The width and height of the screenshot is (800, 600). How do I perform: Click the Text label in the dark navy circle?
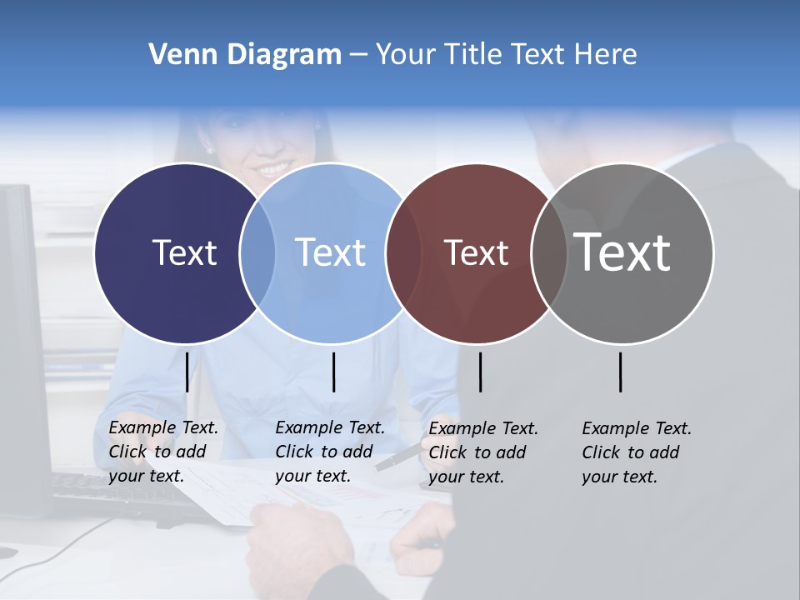tap(184, 252)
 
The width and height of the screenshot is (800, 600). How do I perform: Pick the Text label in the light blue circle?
tap(330, 252)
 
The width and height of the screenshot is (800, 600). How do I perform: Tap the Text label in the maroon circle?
tap(476, 252)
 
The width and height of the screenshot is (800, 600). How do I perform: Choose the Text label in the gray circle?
tap(622, 252)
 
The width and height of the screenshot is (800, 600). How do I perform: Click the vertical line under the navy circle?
tap(187, 372)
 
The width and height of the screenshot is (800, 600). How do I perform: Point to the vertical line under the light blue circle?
tap(333, 372)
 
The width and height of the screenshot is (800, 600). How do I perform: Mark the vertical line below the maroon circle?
tap(480, 372)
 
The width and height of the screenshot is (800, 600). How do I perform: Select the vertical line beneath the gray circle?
tap(621, 372)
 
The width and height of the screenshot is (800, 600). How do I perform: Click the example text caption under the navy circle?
tap(163, 452)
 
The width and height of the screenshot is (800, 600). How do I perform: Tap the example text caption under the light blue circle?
tap(330, 452)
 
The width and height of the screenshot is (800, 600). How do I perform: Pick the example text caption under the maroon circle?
tap(483, 452)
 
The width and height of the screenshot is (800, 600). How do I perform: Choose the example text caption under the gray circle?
tap(637, 452)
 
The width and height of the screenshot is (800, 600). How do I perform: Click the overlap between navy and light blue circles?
tap(257, 252)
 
